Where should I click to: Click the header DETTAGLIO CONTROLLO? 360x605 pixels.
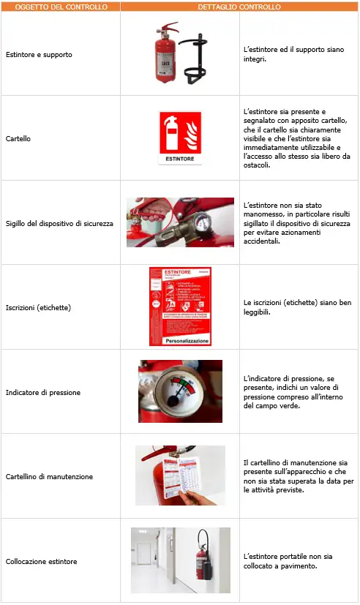click(239, 7)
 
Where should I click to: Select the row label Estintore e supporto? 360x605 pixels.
click(39, 54)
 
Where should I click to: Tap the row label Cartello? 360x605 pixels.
click(18, 138)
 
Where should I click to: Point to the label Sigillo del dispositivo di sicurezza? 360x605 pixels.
click(59, 222)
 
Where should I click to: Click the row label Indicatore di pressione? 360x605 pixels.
click(43, 392)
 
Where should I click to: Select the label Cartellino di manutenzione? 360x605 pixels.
click(49, 476)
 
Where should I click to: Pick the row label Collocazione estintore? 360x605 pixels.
click(41, 561)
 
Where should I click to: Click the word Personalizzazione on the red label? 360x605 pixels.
click(180, 341)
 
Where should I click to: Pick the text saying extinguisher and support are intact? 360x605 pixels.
click(293, 54)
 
